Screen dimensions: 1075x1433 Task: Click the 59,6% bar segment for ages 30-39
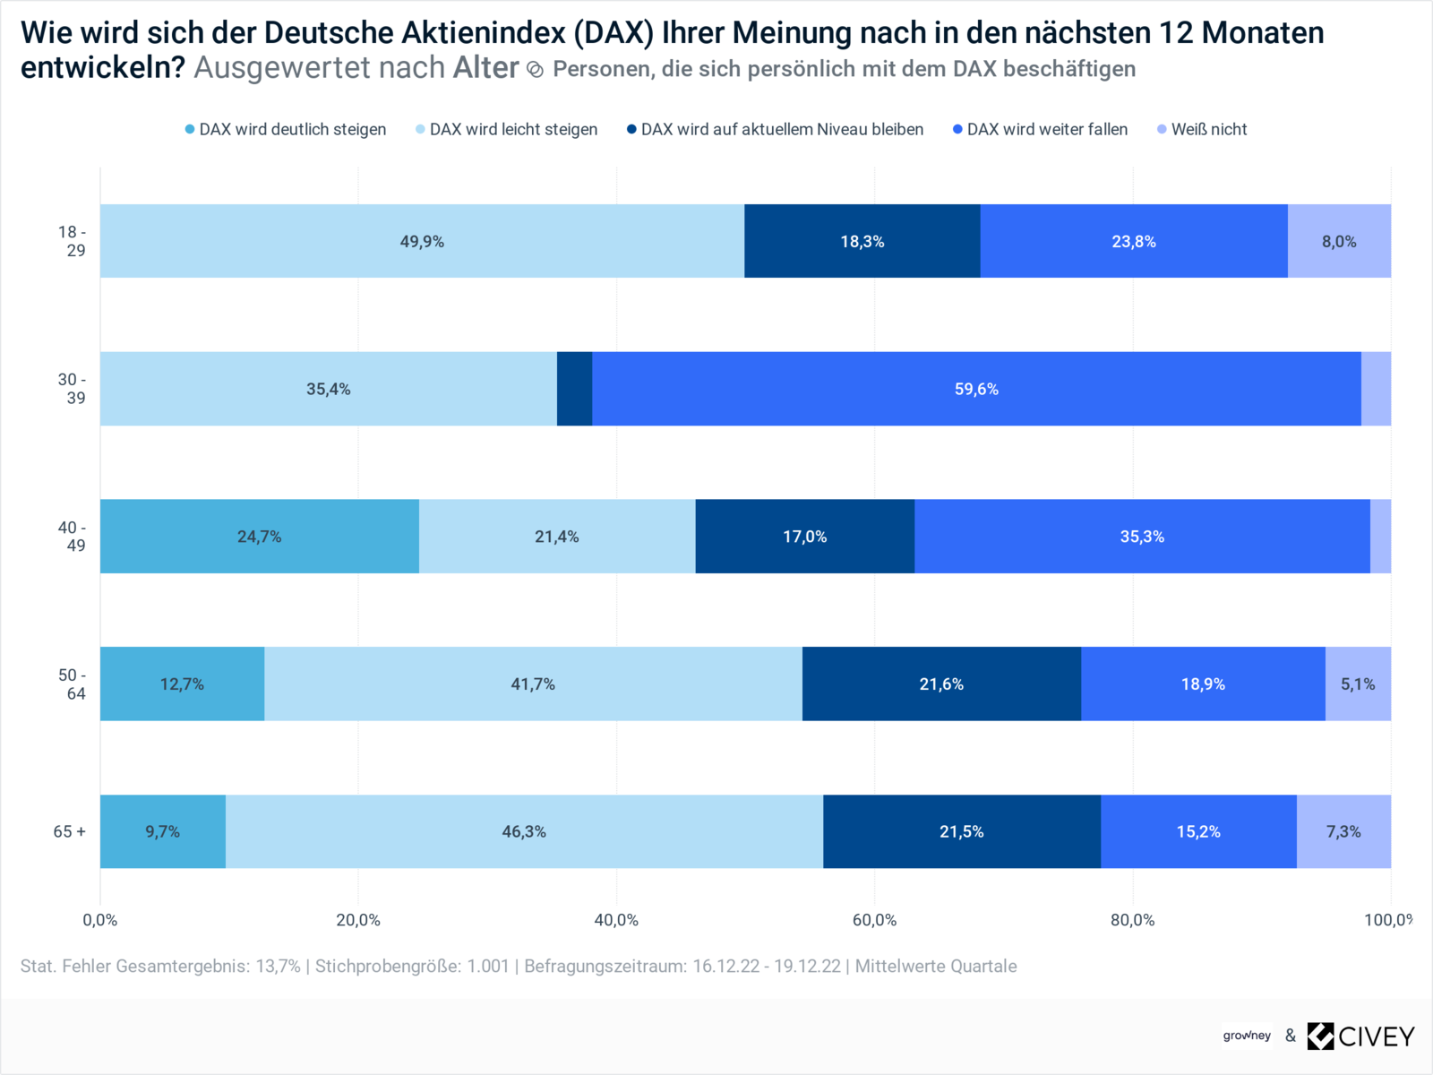[x=976, y=389]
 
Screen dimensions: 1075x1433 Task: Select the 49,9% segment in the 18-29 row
[x=422, y=241]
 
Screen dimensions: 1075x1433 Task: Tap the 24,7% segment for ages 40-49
[x=259, y=537]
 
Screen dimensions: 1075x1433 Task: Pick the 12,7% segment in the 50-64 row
[x=182, y=684]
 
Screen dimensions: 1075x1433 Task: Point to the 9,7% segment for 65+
[x=162, y=831]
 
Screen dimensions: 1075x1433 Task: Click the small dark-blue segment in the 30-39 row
[x=574, y=389]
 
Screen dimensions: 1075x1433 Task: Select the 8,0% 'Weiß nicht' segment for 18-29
[x=1339, y=241]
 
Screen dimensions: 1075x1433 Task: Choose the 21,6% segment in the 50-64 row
[x=941, y=684]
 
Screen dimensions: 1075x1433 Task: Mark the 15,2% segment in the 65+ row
[x=1198, y=831]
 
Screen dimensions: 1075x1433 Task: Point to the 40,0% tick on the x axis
[x=616, y=920]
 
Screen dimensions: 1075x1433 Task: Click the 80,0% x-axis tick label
[x=1132, y=920]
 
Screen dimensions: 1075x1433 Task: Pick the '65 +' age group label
[x=70, y=831]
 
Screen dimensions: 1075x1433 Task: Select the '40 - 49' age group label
[x=73, y=537]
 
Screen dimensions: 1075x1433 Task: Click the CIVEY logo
[x=1361, y=1036]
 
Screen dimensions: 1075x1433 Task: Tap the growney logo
[x=1247, y=1036]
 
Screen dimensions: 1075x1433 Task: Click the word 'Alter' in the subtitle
[x=485, y=68]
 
